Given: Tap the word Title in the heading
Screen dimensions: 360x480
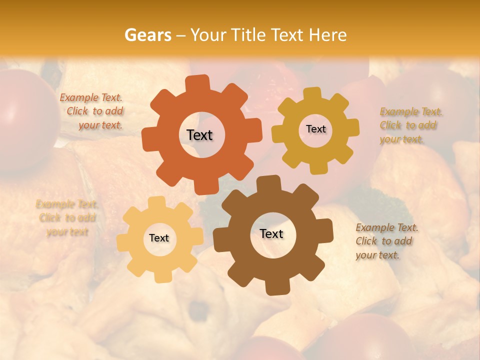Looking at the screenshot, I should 247,35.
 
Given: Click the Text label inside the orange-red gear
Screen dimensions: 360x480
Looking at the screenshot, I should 199,135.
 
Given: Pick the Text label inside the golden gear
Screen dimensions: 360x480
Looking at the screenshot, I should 315,129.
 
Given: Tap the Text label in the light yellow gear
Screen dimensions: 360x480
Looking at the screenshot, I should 159,238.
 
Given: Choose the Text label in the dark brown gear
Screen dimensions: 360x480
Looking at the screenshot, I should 271,233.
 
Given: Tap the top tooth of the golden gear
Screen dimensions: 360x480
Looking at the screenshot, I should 312,93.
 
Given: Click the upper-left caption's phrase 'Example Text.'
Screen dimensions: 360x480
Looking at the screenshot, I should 91,98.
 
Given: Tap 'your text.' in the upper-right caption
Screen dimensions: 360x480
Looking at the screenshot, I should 401,139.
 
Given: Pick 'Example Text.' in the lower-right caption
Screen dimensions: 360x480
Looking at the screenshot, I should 387,227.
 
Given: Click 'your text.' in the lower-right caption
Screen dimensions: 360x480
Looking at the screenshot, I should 377,255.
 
